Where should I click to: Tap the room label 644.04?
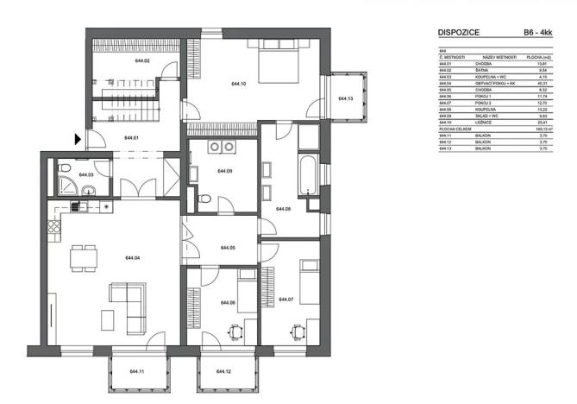pos(133,257)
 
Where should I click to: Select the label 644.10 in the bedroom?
pos(240,84)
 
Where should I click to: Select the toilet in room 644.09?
pos(205,200)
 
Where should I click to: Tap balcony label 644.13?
pos(347,98)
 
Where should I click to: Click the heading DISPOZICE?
pos(459,33)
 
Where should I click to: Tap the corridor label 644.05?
pos(228,248)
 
